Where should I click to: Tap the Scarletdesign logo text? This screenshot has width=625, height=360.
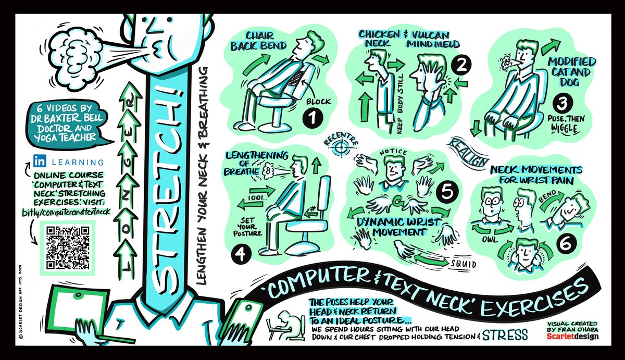click(x=573, y=337)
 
